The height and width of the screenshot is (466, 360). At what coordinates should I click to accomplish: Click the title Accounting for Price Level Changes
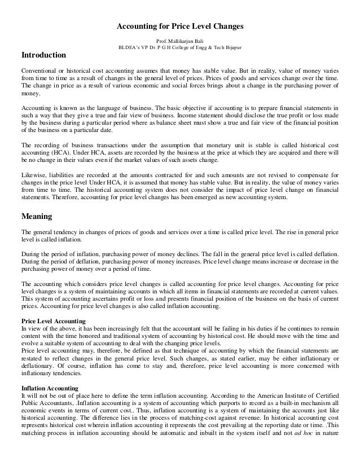[179, 27]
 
